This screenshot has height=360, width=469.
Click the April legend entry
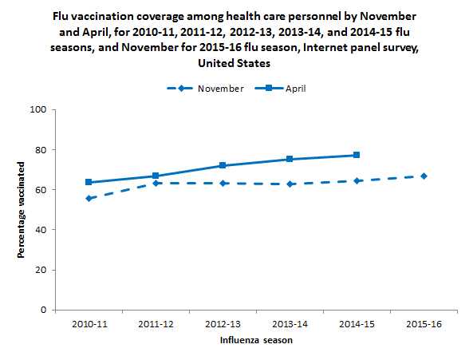pyautogui.click(x=292, y=89)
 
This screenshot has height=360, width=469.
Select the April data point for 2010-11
pyautogui.click(x=89, y=182)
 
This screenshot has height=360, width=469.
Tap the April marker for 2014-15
pyautogui.click(x=357, y=155)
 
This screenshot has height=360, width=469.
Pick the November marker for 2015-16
pyautogui.click(x=424, y=176)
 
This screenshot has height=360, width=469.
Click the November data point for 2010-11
pyautogui.click(x=89, y=198)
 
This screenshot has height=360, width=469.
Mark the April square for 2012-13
pyautogui.click(x=223, y=165)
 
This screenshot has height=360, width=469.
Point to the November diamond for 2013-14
pyautogui.click(x=290, y=184)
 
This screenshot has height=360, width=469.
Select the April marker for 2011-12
pyautogui.click(x=156, y=176)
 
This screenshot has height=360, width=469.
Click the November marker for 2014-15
pyautogui.click(x=357, y=180)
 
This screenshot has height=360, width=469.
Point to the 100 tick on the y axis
pyautogui.click(x=40, y=109)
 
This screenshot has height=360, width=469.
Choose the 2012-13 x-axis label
pyautogui.click(x=223, y=325)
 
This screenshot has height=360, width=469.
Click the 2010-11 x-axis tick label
pyautogui.click(x=89, y=325)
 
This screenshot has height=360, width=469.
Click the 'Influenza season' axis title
pyautogui.click(x=255, y=341)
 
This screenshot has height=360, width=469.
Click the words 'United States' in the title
pyautogui.click(x=235, y=63)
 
